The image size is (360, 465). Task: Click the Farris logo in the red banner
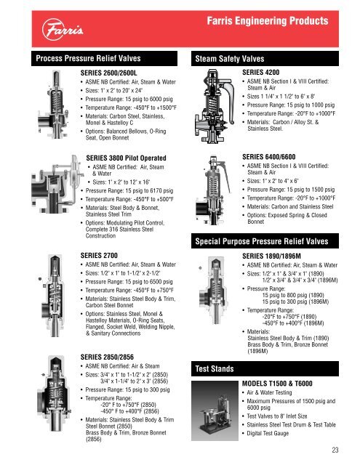pyautogui.click(x=63, y=29)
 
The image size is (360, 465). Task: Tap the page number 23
pyautogui.click(x=335, y=450)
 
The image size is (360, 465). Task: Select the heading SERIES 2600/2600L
pyautogui.click(x=108, y=73)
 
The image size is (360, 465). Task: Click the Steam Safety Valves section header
pyautogui.click(x=229, y=59)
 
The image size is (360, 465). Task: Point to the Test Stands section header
pyautogui.click(x=215, y=368)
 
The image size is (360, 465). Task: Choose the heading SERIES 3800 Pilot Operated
pyautogui.click(x=126, y=158)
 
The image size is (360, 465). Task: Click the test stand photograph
pyautogui.click(x=215, y=411)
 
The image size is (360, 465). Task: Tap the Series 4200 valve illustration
pyautogui.click(x=215, y=106)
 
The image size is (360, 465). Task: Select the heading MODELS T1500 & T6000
pyautogui.click(x=277, y=384)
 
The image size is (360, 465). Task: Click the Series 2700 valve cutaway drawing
pyautogui.click(x=53, y=296)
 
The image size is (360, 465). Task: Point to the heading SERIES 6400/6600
pyautogui.click(x=269, y=157)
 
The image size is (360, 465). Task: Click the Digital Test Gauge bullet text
pyautogui.click(x=268, y=433)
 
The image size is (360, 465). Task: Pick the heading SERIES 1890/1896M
pyautogui.click(x=271, y=256)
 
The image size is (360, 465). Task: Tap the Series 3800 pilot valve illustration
pyautogui.click(x=57, y=184)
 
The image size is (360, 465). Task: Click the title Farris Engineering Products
pyautogui.click(x=268, y=21)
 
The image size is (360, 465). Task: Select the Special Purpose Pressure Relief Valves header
pyautogui.click(x=262, y=241)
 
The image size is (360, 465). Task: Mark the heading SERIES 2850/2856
pyautogui.click(x=107, y=357)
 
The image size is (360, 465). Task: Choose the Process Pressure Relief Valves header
pyautogui.click(x=88, y=58)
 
